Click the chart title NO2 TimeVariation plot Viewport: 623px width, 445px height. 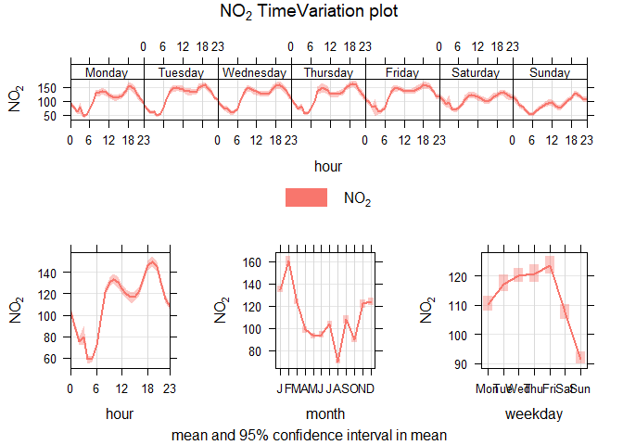click(x=310, y=13)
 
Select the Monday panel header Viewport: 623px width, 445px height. click(x=107, y=72)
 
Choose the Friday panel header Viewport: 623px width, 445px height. click(x=401, y=72)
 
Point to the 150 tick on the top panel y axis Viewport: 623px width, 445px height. click(x=48, y=87)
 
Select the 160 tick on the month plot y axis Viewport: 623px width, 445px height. click(x=252, y=262)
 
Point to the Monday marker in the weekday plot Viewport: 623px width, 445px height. click(x=488, y=303)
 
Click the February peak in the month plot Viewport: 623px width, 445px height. click(x=288, y=261)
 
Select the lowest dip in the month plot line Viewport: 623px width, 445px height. click(x=338, y=361)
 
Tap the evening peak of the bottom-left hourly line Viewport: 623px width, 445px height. click(x=153, y=262)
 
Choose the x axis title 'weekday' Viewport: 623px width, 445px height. click(x=533, y=415)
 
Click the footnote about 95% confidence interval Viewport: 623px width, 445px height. click(x=310, y=434)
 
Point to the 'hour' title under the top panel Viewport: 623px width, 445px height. click(x=328, y=166)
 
